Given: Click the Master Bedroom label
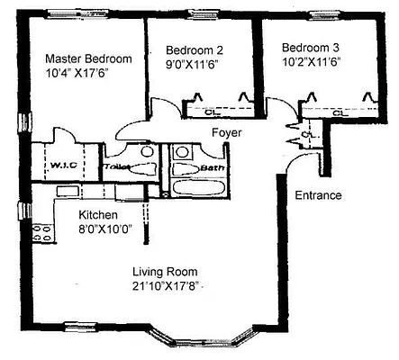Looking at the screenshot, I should coord(88,58).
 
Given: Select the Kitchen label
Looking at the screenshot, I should coord(97,214).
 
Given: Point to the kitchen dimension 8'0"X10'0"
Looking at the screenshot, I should coord(105,229).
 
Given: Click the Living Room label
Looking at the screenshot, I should coord(165,272).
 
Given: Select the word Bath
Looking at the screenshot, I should coord(213,166).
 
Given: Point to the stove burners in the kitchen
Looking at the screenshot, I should coord(41,232).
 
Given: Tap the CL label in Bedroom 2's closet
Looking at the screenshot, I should coord(209,112).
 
